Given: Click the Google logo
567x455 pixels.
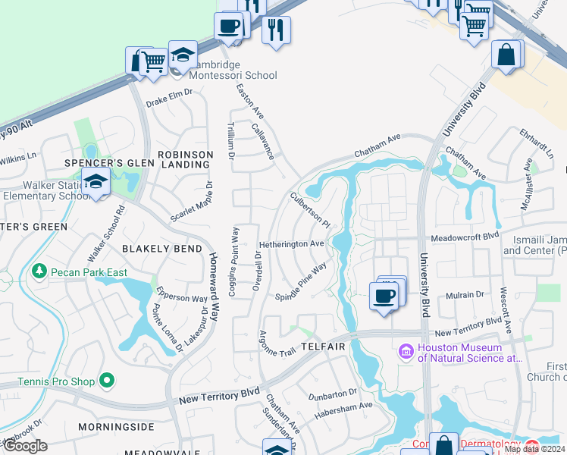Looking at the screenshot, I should (x=25, y=446).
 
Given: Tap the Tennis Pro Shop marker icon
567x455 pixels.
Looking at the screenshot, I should (x=107, y=379).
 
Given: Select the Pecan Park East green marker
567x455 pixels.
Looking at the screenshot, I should (x=39, y=271).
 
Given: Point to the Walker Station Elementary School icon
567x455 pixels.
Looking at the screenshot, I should (x=96, y=182).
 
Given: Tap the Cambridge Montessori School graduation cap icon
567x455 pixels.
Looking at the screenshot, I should (x=183, y=55).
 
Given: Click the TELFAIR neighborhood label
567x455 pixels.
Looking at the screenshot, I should (x=323, y=347).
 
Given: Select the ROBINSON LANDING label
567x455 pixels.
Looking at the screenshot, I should (x=186, y=159).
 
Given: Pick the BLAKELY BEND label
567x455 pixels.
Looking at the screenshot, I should (x=163, y=249).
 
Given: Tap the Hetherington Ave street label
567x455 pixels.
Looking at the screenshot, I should (x=292, y=244).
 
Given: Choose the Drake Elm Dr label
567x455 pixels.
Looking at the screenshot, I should (x=170, y=92).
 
